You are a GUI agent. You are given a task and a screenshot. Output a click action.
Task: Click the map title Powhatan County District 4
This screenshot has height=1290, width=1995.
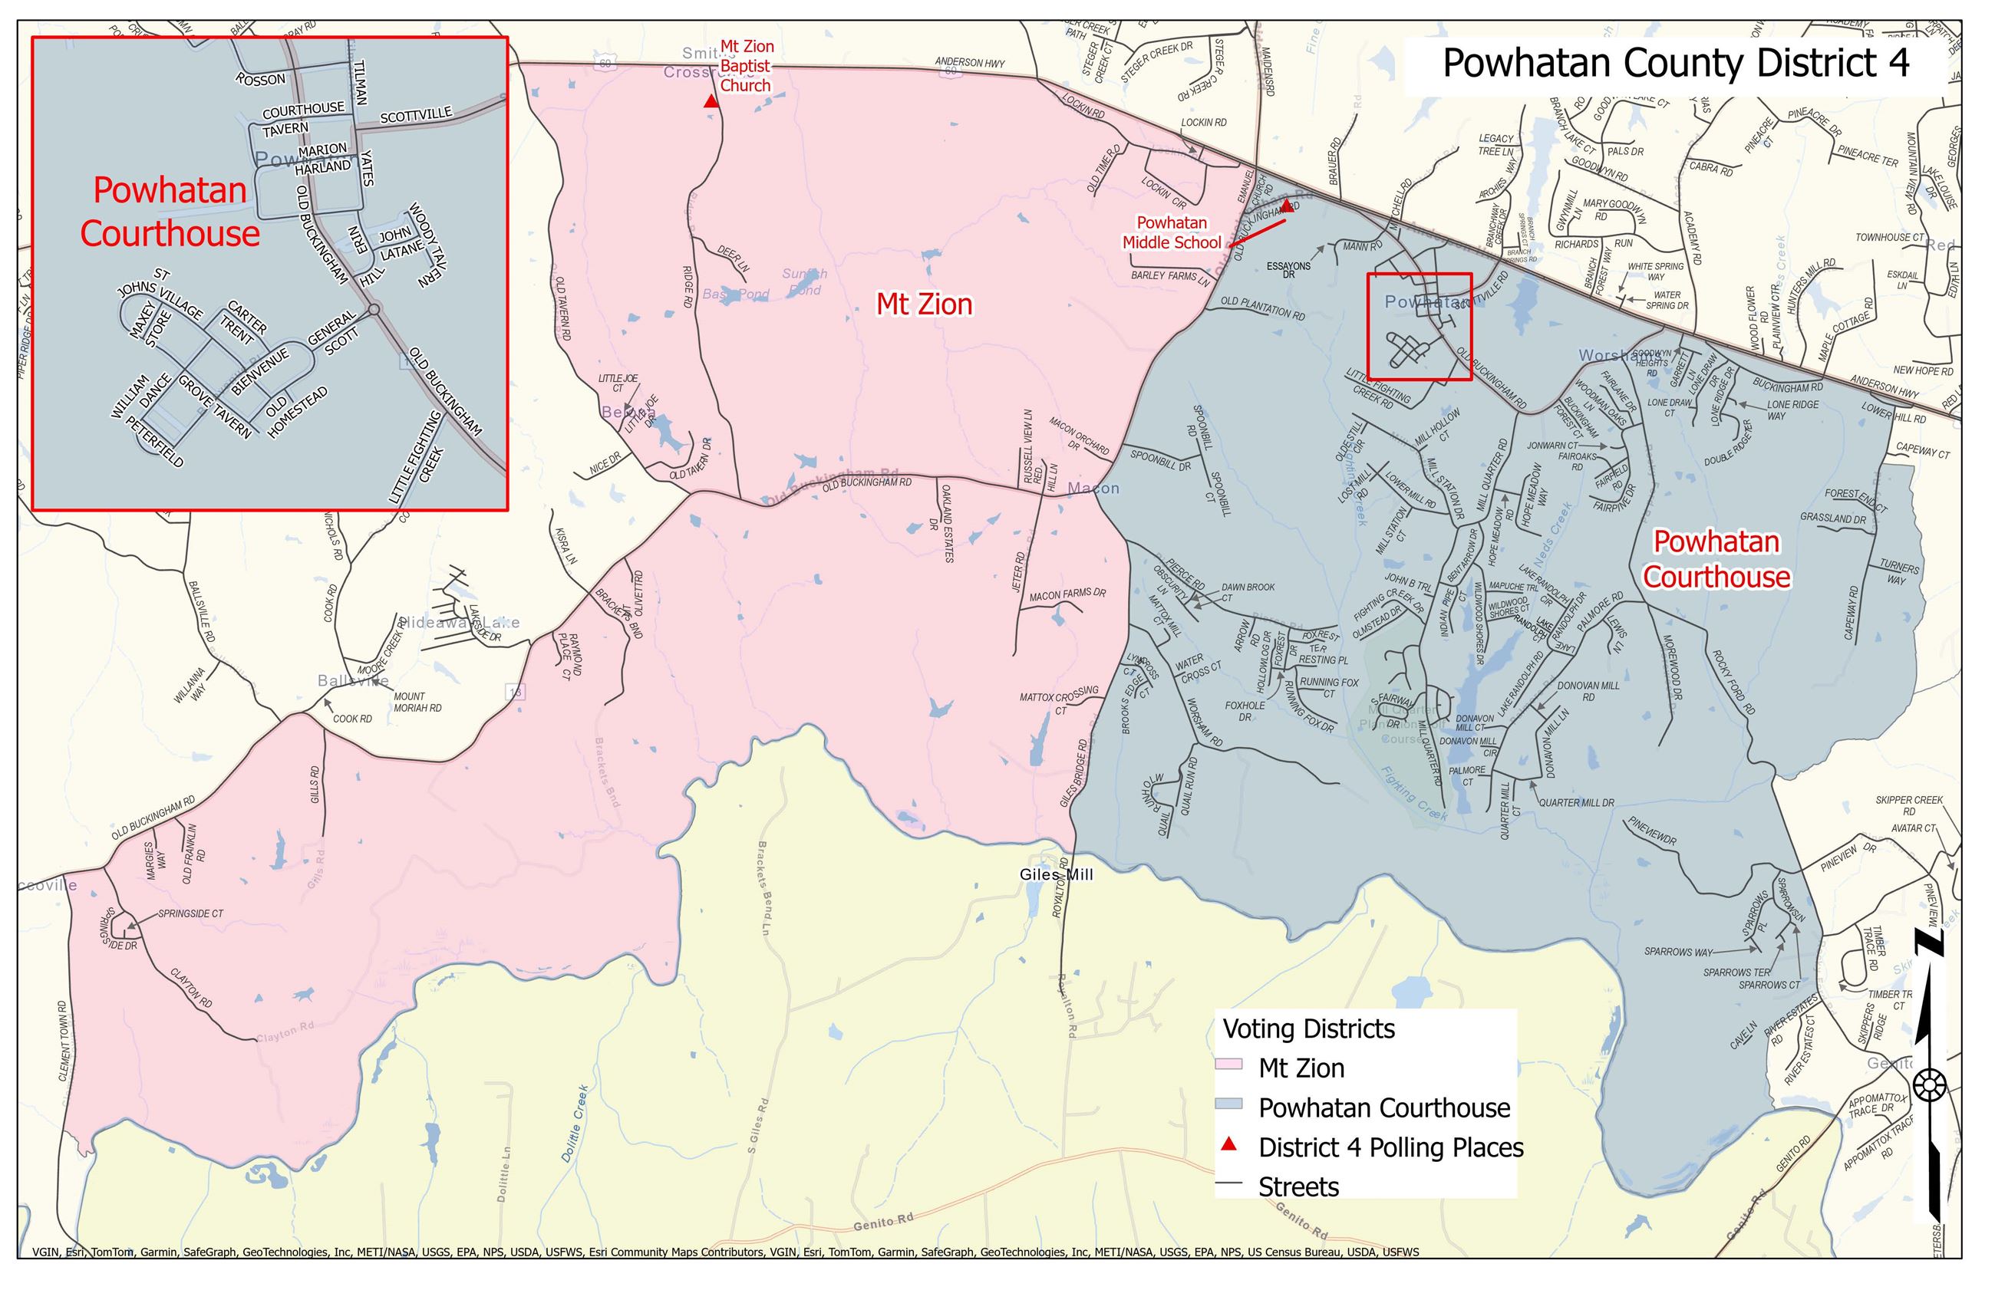[1675, 64]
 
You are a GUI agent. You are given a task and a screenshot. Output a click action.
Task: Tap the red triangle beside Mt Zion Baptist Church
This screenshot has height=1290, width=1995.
[711, 101]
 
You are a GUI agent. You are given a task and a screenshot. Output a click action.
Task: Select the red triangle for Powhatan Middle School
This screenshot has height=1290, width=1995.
[1286, 206]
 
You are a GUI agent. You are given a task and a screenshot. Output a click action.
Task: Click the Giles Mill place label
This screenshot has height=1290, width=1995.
[1056, 874]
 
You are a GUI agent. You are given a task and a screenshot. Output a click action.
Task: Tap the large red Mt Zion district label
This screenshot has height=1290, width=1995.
[924, 304]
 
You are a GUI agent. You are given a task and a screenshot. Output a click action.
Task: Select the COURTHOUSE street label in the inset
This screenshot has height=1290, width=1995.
[303, 110]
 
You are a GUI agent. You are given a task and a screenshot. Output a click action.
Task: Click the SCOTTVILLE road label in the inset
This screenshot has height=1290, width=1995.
[416, 116]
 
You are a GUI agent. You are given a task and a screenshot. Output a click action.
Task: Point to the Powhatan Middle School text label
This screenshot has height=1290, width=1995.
[1172, 233]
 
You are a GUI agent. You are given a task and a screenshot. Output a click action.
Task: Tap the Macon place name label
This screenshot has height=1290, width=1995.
[1093, 489]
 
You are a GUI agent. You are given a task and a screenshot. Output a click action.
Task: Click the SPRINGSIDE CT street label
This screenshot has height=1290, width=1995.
[190, 914]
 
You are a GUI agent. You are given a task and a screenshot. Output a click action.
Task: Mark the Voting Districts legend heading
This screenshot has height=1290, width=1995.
[1309, 1028]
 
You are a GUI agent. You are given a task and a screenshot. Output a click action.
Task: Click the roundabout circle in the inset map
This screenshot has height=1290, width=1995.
[374, 310]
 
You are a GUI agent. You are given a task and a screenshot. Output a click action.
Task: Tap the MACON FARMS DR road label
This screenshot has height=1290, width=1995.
[1067, 594]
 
